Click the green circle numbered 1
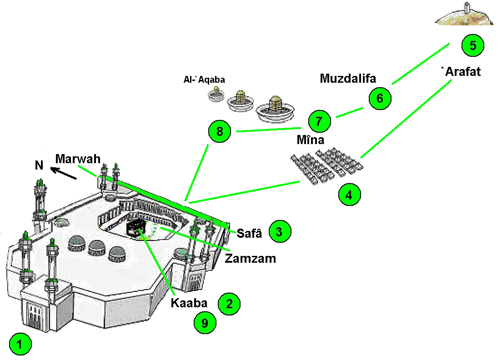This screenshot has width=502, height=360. click(20, 345)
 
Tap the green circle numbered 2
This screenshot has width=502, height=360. click(228, 303)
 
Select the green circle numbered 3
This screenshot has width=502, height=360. click(279, 231)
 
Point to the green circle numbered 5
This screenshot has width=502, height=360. click(472, 45)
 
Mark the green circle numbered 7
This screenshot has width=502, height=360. click(319, 121)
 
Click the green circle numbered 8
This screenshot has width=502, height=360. click(220, 132)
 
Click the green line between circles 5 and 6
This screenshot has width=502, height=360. click(421, 63)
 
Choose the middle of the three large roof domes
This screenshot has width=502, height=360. click(97, 248)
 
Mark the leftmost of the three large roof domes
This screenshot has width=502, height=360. click(77, 243)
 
